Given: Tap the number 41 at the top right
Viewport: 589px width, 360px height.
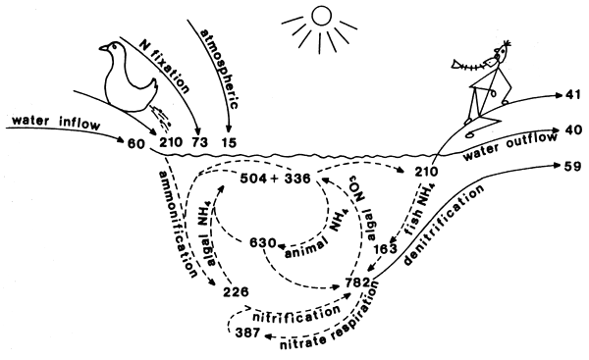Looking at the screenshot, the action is coord(575,96).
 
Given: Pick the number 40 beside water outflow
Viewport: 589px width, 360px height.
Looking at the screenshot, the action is coord(575,129).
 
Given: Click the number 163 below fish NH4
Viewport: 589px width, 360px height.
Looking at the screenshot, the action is coord(389,251).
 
